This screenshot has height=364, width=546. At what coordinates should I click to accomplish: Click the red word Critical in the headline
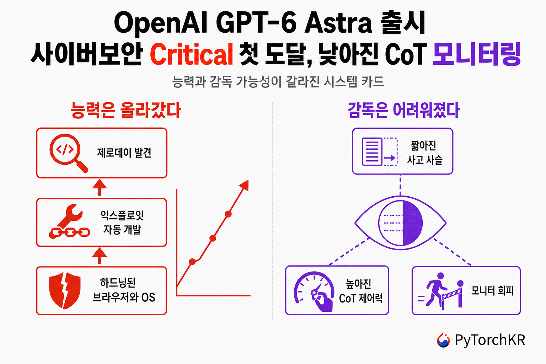[191, 54]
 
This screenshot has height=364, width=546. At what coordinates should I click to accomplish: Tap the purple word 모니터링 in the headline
[477, 54]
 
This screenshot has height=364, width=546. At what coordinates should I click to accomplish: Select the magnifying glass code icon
[69, 153]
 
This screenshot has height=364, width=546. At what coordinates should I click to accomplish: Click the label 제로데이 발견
[124, 153]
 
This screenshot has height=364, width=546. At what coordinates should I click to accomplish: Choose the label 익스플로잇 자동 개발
[122, 223]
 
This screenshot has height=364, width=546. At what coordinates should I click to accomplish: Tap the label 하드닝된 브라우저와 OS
[124, 290]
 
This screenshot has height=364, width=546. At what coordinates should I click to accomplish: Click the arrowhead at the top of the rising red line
[244, 185]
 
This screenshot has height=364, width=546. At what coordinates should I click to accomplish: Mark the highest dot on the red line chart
[228, 214]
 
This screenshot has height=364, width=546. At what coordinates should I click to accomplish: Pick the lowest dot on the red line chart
[192, 262]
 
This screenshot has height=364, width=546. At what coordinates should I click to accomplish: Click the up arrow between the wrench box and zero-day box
[100, 187]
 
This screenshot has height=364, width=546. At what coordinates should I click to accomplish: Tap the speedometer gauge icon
[314, 291]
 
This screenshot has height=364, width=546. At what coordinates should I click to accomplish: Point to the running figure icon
[435, 289]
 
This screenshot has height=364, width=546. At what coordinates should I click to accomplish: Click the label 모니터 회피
[492, 290]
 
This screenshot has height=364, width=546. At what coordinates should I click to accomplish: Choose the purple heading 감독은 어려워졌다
[403, 111]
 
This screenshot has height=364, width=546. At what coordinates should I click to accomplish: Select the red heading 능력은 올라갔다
[126, 111]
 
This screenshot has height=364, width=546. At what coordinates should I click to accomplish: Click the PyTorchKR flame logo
[443, 339]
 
